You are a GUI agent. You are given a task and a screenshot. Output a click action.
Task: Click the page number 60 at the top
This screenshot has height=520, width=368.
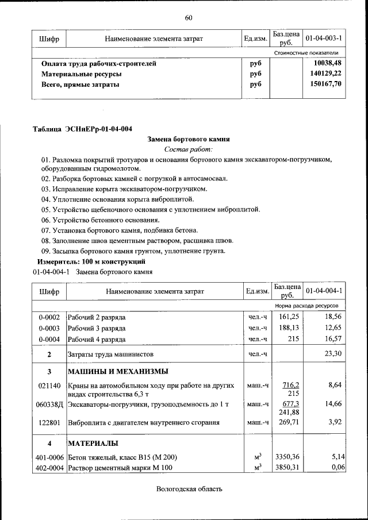tap(188, 18)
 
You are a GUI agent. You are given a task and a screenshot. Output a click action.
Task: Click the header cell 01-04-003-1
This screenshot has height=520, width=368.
tap(324, 38)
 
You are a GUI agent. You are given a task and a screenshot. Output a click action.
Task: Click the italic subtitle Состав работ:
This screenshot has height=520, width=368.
tap(188, 149)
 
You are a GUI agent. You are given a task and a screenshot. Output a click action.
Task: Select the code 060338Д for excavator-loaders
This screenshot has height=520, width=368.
tap(49, 405)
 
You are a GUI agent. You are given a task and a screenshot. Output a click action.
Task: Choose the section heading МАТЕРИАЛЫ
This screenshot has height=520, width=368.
tap(93, 443)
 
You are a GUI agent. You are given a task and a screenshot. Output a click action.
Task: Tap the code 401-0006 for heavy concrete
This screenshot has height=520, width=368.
tap(49, 457)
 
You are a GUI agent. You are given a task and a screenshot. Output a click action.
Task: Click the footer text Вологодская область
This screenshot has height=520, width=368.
tap(188, 490)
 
